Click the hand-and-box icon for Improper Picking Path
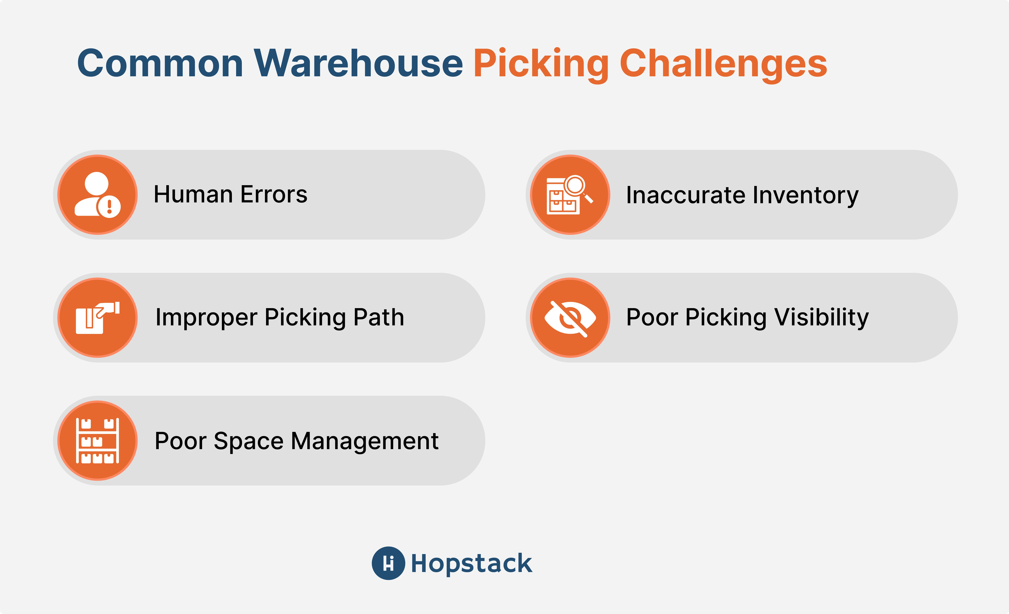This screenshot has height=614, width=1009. pyautogui.click(x=97, y=318)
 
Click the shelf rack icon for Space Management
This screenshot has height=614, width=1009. pyautogui.click(x=97, y=440)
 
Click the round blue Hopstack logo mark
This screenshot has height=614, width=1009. pyautogui.click(x=388, y=563)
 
